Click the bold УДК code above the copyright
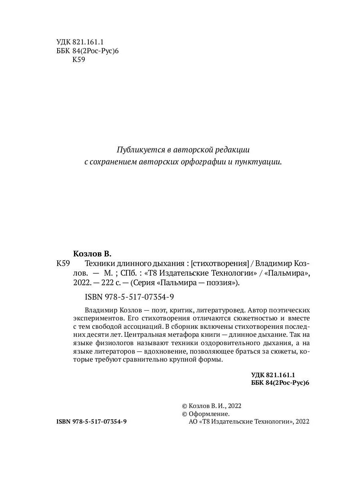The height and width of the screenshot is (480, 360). point(273,375)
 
